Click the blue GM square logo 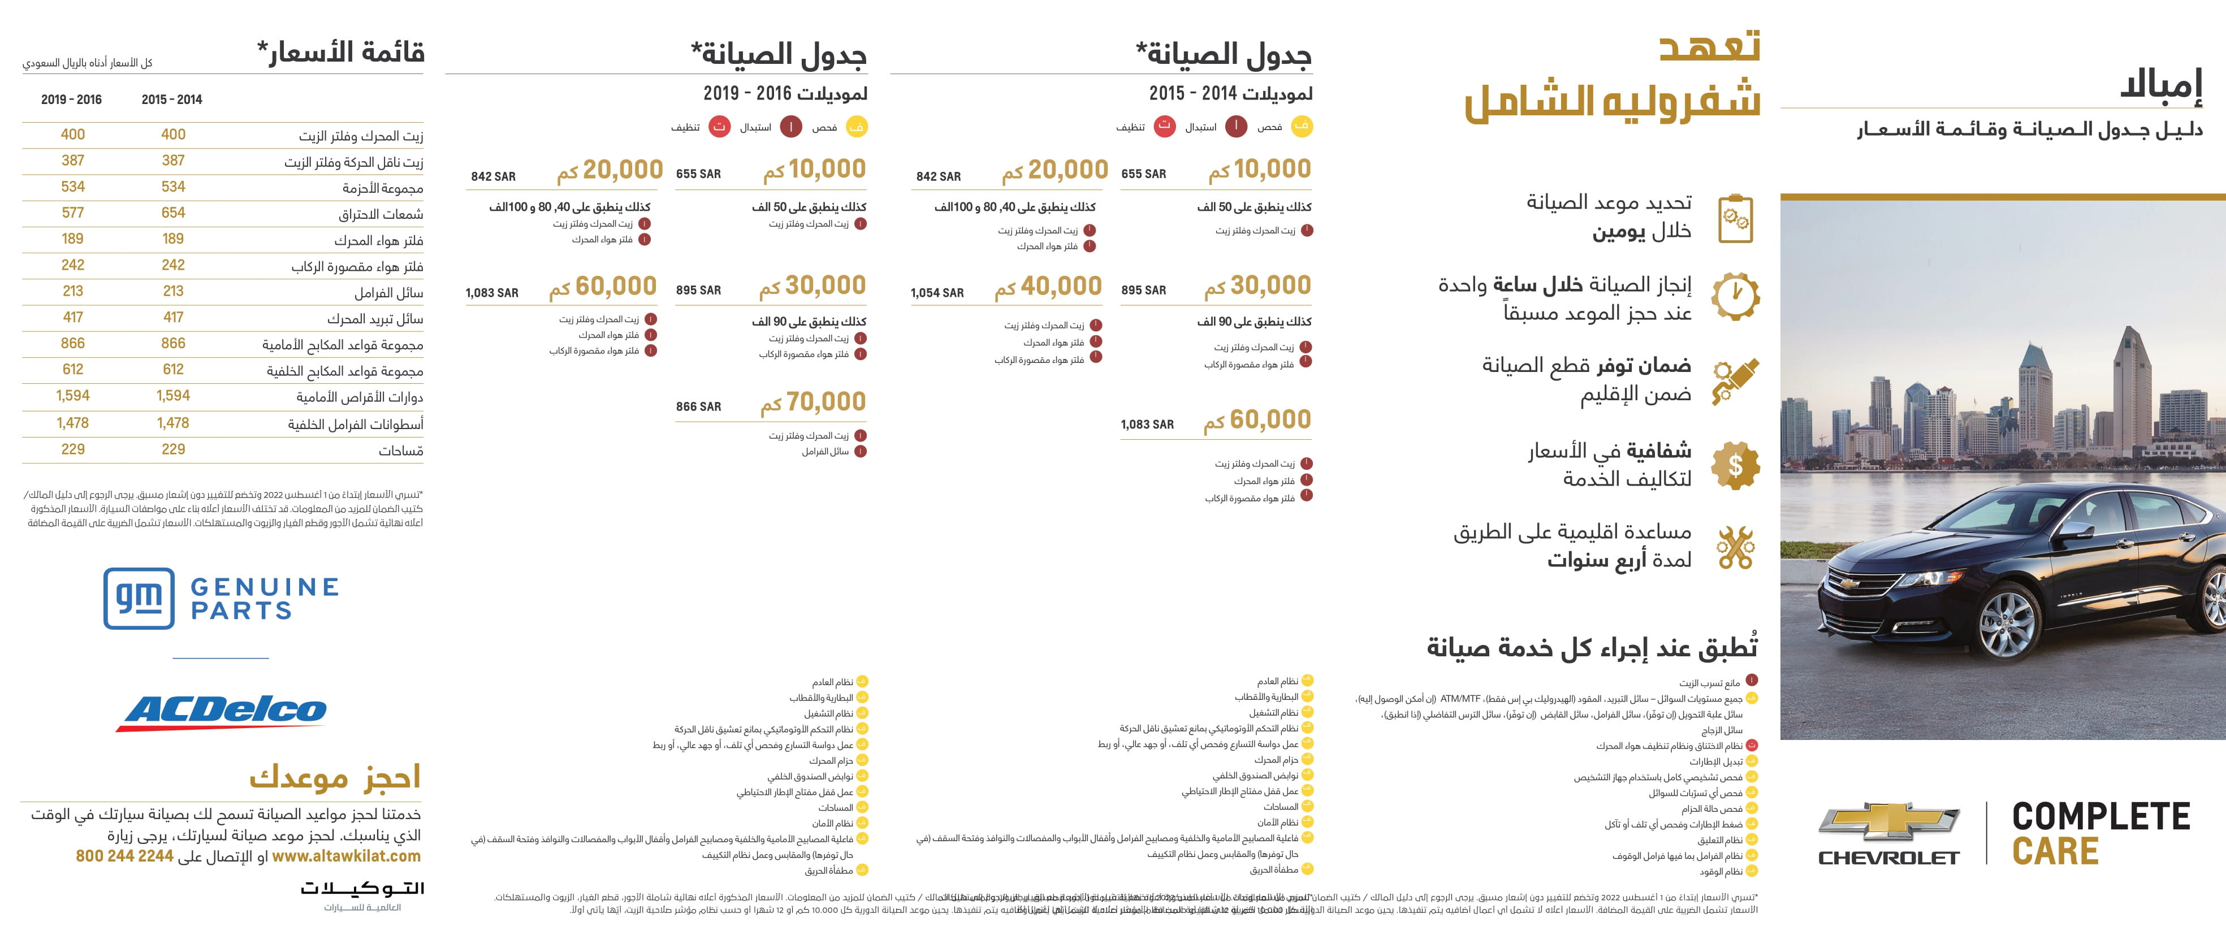tap(139, 598)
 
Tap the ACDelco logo tap(223, 711)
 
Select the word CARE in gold tap(2055, 851)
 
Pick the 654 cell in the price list tap(173, 213)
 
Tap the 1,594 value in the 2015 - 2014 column tap(173, 396)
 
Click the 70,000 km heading tap(812, 402)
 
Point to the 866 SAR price tap(698, 406)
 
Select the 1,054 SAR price tap(937, 293)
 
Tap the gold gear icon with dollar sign tap(1735, 465)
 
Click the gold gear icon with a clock tap(1735, 296)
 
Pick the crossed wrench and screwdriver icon tap(1735, 547)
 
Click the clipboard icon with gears tap(1735, 219)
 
